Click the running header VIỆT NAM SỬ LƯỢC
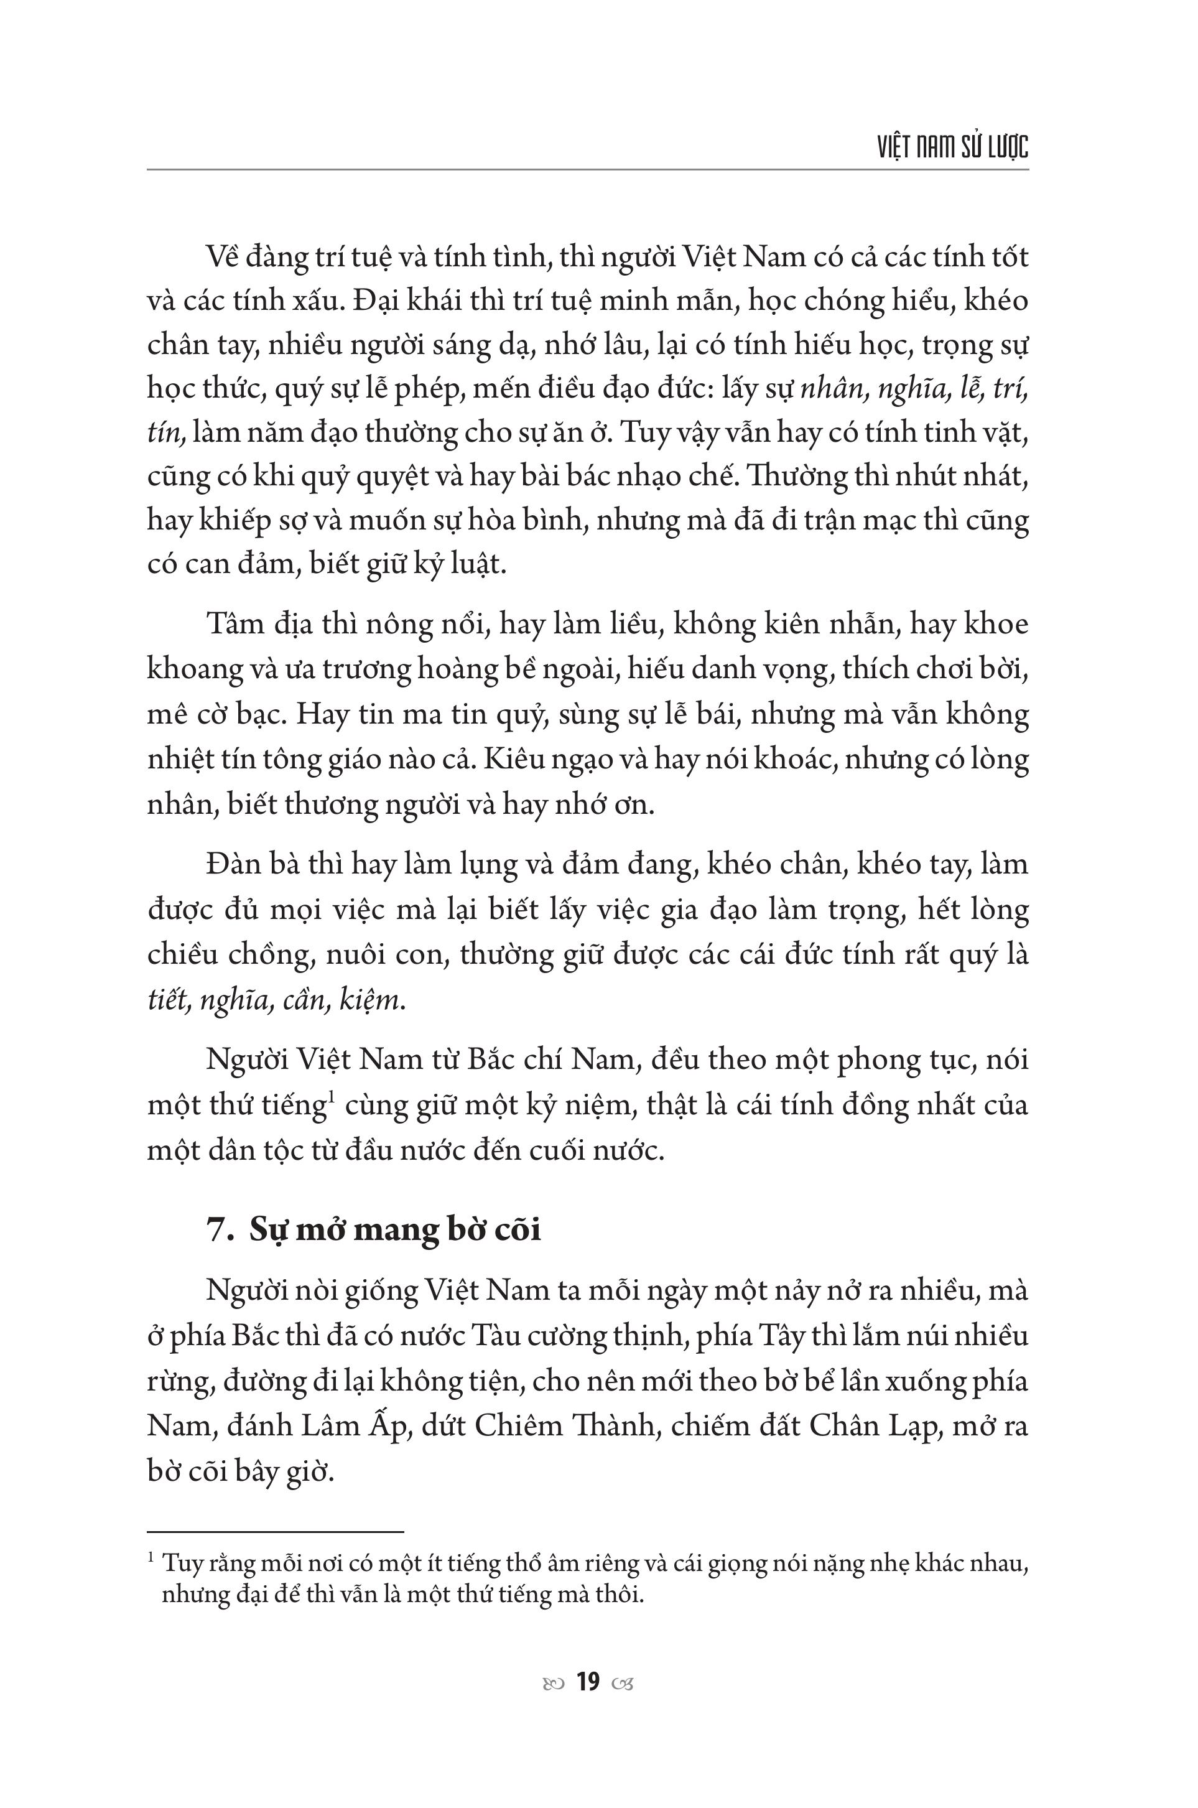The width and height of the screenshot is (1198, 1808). pyautogui.click(x=953, y=147)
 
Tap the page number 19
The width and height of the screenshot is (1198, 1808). pyautogui.click(x=588, y=1682)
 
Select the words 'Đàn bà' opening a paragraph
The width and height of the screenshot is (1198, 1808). pyautogui.click(x=250, y=865)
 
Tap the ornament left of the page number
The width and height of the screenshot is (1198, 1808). pyautogui.click(x=553, y=1683)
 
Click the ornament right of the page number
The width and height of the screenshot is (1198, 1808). pyautogui.click(x=623, y=1683)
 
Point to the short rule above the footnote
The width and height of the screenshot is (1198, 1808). pyautogui.click(x=275, y=1511)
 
